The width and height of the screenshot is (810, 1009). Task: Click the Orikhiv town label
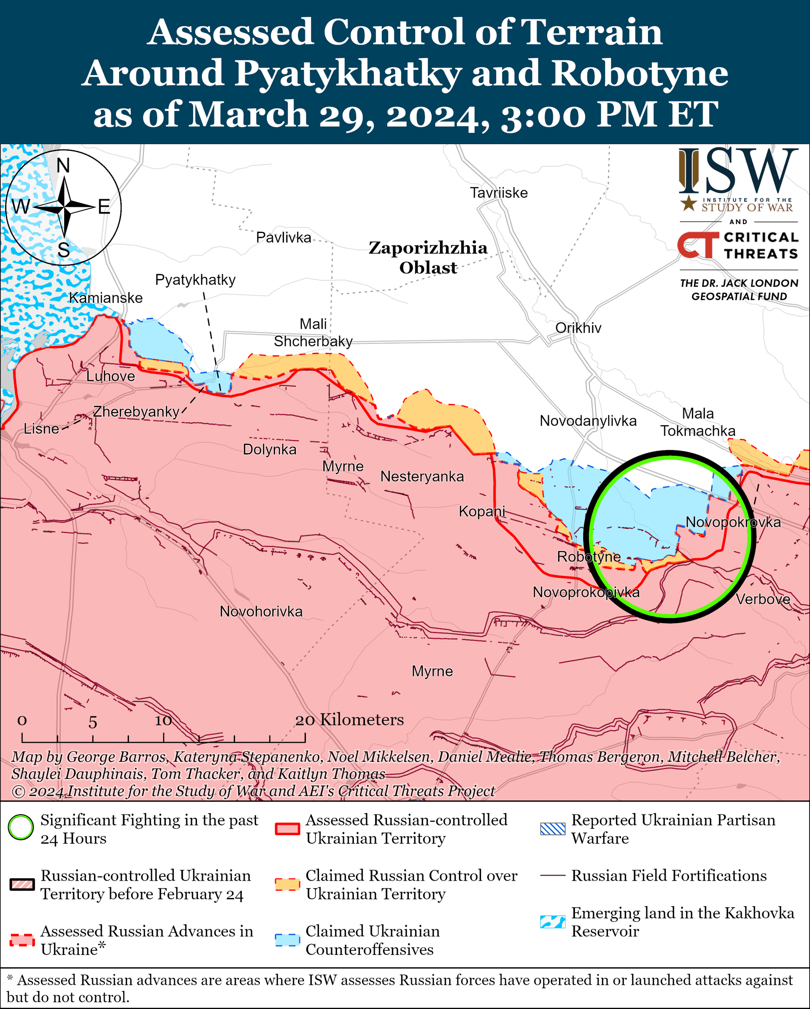pos(578,328)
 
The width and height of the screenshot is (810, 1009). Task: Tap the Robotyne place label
pos(589,557)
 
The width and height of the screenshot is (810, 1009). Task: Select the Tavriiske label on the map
pos(499,193)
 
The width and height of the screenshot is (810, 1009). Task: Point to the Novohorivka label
pos(261,611)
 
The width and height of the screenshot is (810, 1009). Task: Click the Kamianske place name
pos(106,298)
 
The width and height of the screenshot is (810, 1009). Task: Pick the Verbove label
pos(763,599)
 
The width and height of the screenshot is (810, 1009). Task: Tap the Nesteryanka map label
pos(422,476)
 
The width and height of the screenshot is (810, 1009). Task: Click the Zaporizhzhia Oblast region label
pos(428,257)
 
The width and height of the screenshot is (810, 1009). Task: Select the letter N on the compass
pos(63,166)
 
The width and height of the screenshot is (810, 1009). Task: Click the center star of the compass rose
pos(64,206)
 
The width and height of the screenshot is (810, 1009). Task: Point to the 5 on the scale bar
pos(93,722)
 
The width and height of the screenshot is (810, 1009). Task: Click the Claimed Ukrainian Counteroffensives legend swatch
pos(287,940)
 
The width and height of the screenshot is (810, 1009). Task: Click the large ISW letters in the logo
pos(738,171)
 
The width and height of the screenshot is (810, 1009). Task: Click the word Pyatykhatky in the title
pos(348,73)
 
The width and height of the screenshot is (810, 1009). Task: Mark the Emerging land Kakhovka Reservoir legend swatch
pos(553,922)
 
